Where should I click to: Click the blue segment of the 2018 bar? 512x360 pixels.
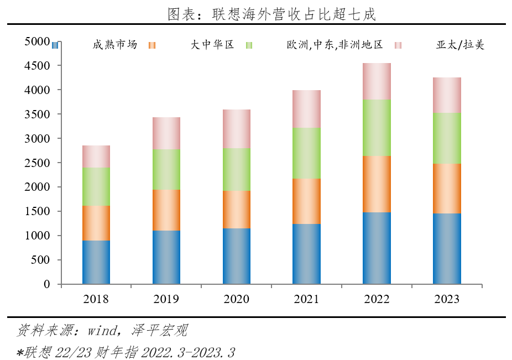(96, 262)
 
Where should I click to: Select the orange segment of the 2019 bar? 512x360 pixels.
(166, 210)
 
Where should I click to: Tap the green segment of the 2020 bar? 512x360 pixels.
(237, 169)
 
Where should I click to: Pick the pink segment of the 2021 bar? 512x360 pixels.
(306, 109)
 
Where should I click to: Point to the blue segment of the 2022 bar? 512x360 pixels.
(377, 248)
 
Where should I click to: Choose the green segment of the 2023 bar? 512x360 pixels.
(447, 138)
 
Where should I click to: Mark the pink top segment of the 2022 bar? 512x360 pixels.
(377, 81)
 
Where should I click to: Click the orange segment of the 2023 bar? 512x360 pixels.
(447, 188)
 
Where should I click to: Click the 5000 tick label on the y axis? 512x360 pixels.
(37, 41)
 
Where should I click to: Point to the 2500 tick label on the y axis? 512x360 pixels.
(37, 163)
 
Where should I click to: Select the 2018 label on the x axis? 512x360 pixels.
(96, 299)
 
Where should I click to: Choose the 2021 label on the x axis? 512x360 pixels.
(306, 299)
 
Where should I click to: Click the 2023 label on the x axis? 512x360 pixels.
(447, 299)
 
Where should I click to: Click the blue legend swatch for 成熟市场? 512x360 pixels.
(55, 45)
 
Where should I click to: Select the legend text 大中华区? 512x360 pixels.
(212, 45)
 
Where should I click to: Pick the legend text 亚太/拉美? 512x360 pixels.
(459, 45)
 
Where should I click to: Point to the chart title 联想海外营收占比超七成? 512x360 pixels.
(294, 14)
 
